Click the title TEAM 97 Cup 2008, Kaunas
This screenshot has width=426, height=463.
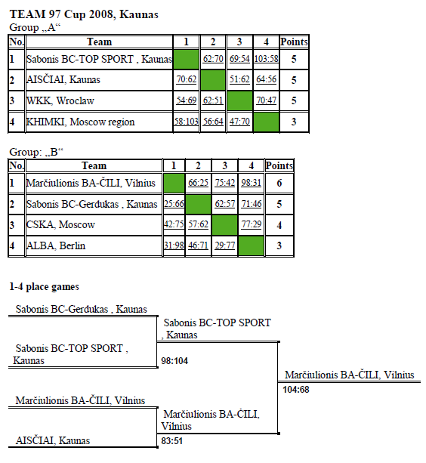tap(84, 14)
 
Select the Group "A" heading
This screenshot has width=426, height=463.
tap(35, 27)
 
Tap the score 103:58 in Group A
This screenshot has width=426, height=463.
tap(266, 59)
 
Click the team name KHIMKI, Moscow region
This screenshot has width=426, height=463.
tap(80, 122)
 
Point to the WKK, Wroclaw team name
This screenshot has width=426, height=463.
tap(60, 100)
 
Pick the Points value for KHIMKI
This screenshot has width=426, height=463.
tap(294, 122)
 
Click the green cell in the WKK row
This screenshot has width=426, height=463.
tap(239, 100)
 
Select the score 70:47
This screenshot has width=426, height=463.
tap(266, 100)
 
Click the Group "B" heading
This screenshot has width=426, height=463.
tap(36, 152)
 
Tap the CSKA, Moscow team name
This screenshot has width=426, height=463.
tap(60, 225)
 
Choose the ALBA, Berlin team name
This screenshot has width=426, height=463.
tap(56, 245)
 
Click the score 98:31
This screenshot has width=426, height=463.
tap(251, 183)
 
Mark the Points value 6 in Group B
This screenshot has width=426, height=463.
tap(279, 183)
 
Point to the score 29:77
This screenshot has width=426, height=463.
tap(224, 245)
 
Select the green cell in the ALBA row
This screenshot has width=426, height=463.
tap(251, 245)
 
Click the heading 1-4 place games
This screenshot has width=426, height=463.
tap(45, 287)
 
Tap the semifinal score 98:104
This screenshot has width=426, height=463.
tap(174, 361)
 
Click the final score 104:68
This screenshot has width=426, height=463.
tap(296, 390)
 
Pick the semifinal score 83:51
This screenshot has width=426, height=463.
tap(171, 441)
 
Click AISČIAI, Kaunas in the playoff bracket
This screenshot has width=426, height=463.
tap(53, 440)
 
